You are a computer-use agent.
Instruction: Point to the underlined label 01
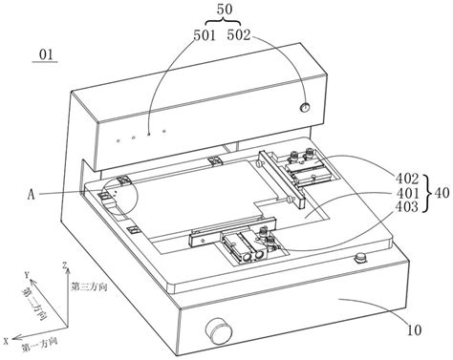(x=46, y=54)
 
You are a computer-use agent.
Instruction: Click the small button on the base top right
(x=361, y=258)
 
